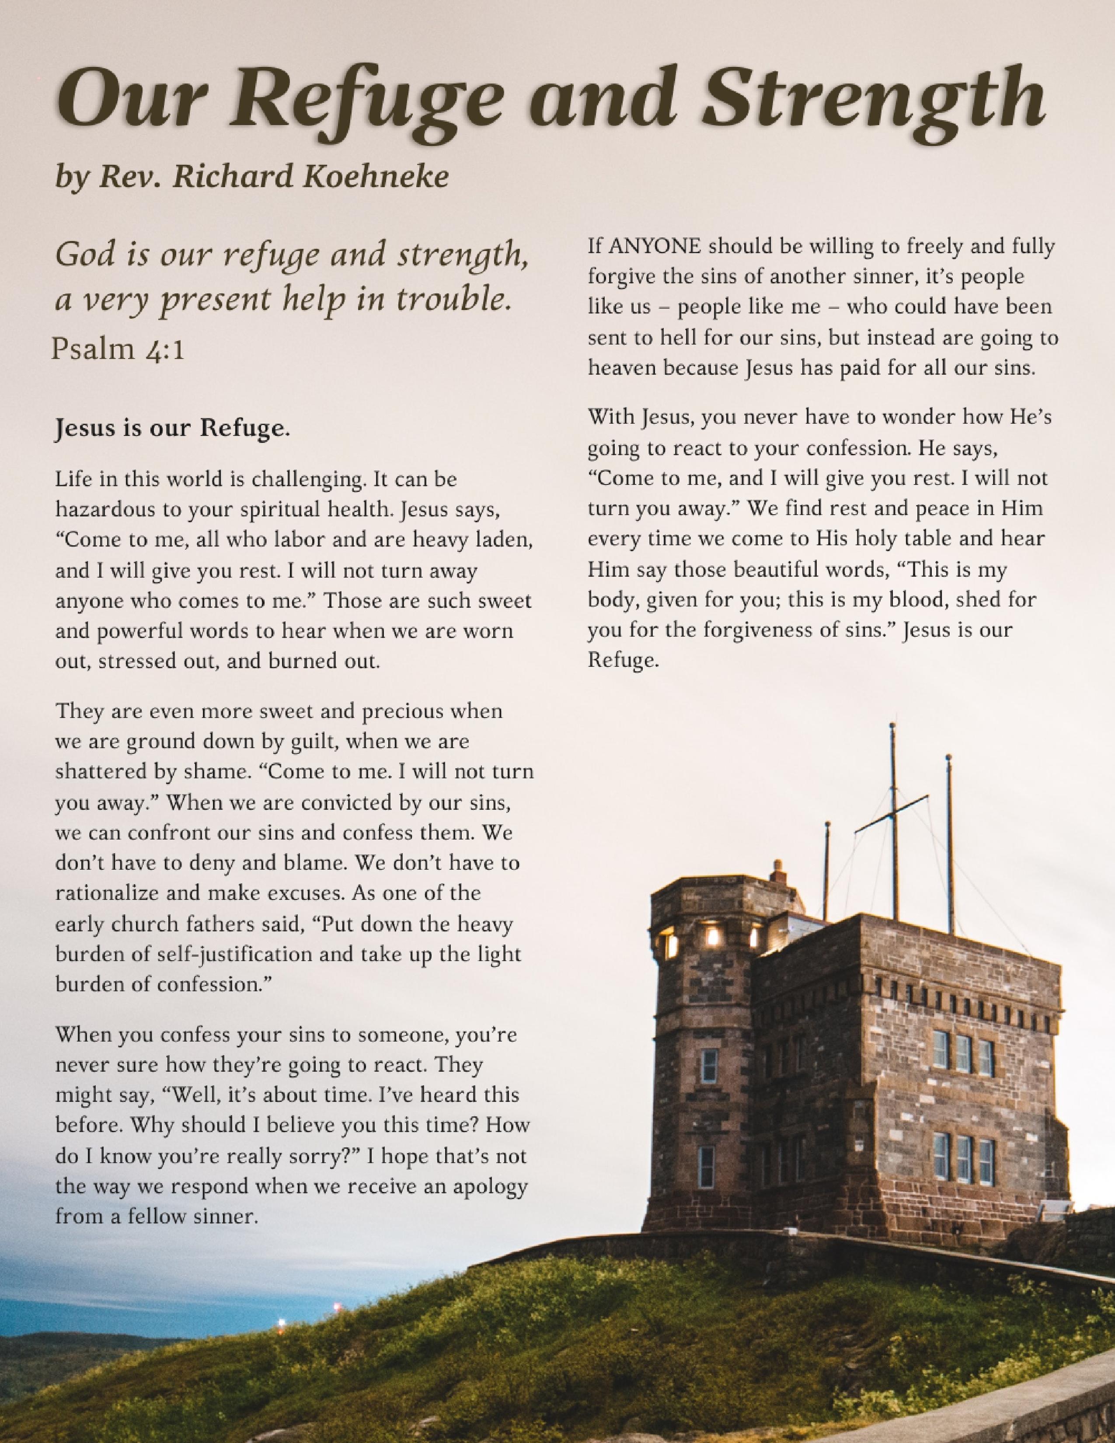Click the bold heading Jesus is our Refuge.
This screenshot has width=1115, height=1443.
pos(172,429)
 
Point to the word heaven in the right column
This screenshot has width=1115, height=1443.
pos(622,368)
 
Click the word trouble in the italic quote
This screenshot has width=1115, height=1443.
pos(454,301)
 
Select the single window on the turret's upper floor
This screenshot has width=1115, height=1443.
pos(709,1066)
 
